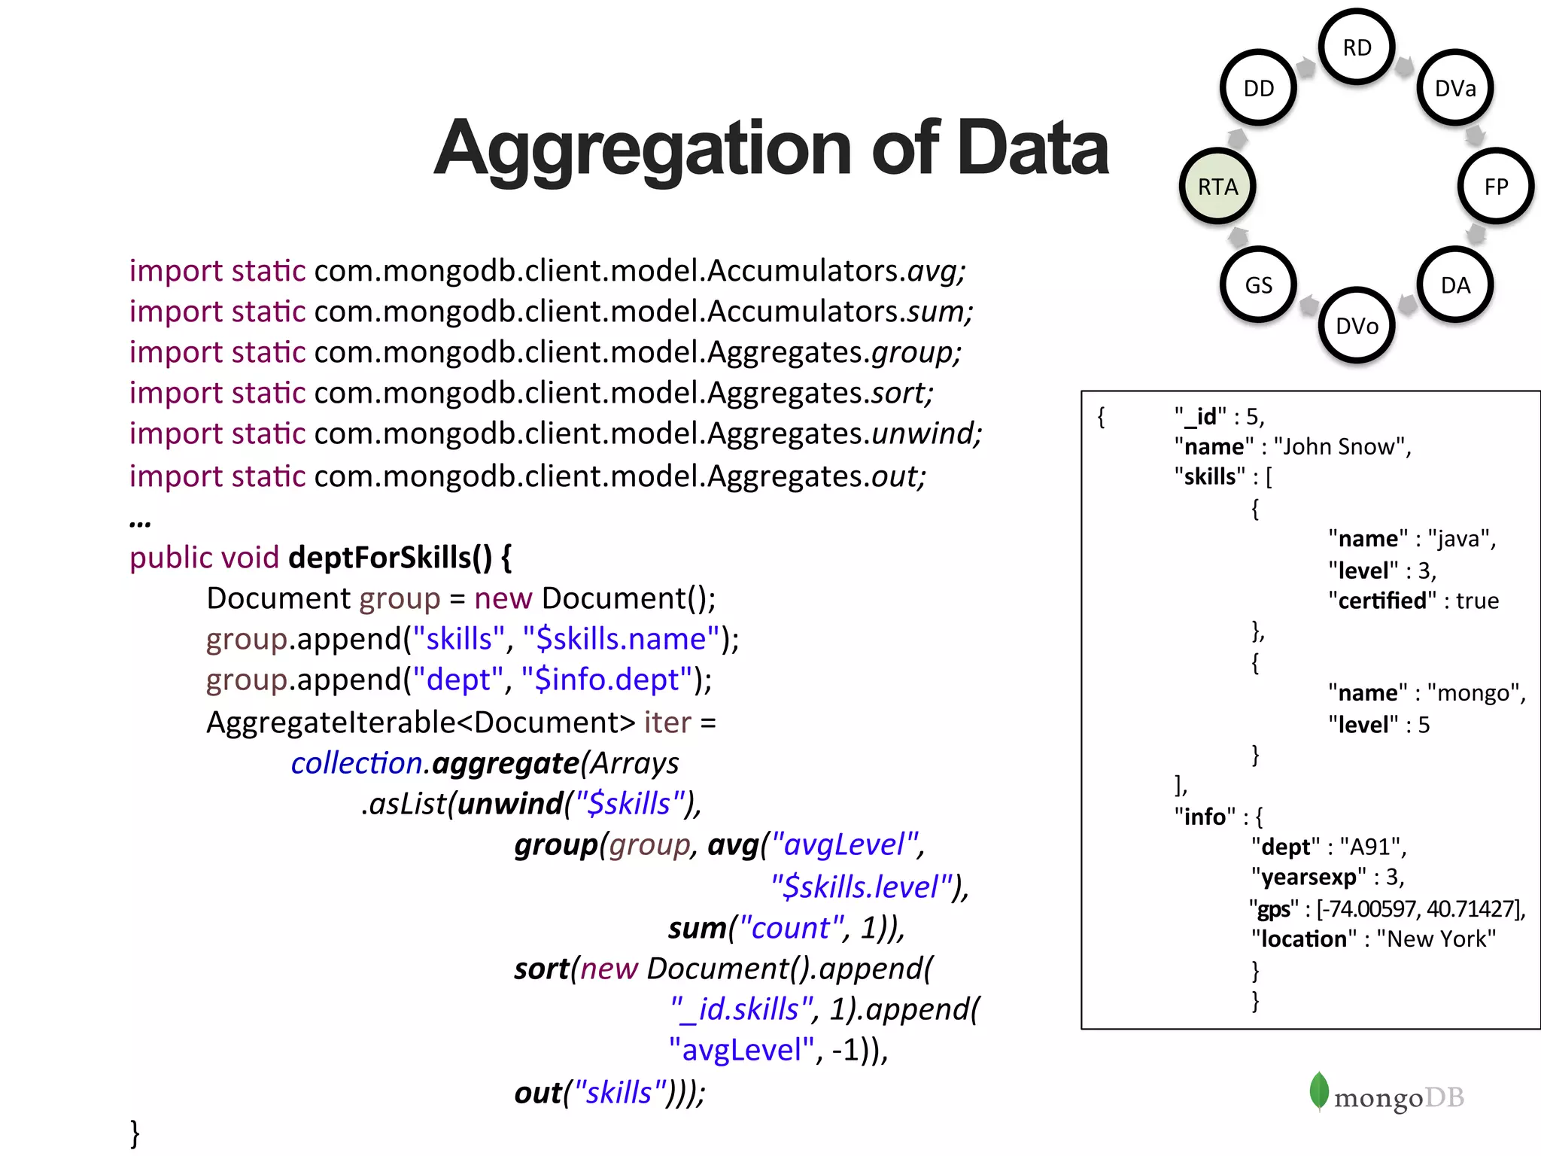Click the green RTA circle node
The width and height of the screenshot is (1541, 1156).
click(x=1217, y=186)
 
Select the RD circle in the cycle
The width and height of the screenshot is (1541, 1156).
click(x=1357, y=47)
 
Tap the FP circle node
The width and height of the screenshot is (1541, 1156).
click(x=1496, y=186)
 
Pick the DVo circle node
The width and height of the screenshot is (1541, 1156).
click(x=1357, y=325)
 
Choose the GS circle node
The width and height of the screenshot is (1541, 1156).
click(x=1258, y=284)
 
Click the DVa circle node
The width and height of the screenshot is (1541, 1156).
click(x=1455, y=88)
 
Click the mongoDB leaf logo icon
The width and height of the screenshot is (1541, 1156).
click(x=1319, y=1091)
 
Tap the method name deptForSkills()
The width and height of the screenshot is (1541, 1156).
click(x=390, y=558)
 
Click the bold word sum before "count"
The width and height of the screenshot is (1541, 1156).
click(x=697, y=928)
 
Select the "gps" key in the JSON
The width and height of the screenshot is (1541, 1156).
click(x=1274, y=909)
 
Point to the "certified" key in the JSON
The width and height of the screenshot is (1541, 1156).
click(x=1382, y=601)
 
